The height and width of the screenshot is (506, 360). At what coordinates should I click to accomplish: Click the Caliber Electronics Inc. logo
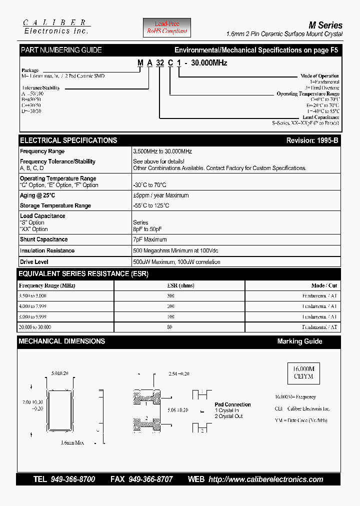tap(56, 27)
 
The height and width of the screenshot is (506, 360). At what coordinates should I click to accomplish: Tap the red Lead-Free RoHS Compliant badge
tap(167, 27)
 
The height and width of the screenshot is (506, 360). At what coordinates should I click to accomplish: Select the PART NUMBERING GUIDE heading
tap(61, 50)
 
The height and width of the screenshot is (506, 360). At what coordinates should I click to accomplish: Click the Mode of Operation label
tap(319, 76)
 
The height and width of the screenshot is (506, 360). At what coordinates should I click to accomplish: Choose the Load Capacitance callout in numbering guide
tap(320, 117)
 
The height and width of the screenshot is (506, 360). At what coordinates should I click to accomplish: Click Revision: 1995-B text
tap(312, 140)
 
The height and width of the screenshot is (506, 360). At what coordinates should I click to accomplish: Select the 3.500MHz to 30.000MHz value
tap(162, 151)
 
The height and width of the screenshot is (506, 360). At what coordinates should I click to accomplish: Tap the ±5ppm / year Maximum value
tap(160, 195)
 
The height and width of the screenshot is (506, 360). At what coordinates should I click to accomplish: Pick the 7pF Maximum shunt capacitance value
tap(149, 239)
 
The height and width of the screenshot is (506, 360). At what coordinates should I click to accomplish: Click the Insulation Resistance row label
tap(47, 250)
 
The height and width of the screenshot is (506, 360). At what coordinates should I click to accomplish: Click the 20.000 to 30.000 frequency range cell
tap(35, 326)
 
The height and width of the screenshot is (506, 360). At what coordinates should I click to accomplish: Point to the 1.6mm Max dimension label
tap(72, 442)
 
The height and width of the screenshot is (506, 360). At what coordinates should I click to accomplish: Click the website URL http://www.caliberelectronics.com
tap(265, 479)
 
